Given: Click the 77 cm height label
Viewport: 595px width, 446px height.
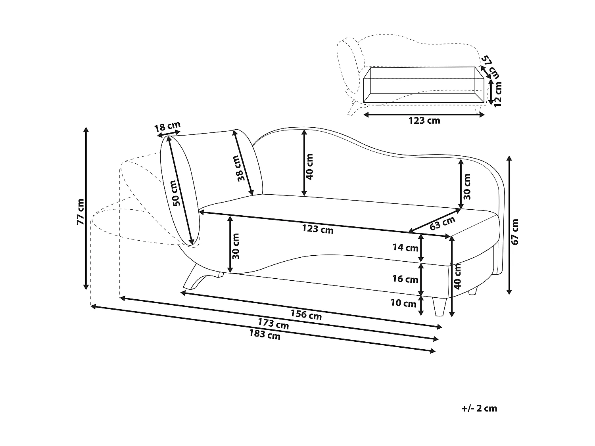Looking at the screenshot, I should (81, 211).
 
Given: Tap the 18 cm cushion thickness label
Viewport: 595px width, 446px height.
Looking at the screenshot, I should (167, 126).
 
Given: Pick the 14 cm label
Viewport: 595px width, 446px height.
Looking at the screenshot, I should (405, 248).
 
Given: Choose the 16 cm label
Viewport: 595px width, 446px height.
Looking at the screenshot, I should (405, 279).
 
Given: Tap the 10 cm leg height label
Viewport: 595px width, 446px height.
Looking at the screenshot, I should (403, 303).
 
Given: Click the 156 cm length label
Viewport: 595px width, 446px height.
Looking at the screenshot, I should (306, 315).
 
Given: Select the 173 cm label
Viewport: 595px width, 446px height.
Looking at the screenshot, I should (273, 324).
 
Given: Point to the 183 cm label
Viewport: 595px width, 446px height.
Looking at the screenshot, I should (265, 335).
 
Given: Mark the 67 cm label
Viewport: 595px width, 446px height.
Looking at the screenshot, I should (515, 232).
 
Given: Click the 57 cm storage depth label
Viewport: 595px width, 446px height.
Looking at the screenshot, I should (490, 67).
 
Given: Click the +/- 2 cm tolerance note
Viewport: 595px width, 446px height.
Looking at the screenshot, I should (479, 408).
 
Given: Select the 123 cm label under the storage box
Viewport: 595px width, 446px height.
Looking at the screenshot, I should (424, 121).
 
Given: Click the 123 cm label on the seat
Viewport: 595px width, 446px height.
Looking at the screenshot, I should (318, 229).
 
